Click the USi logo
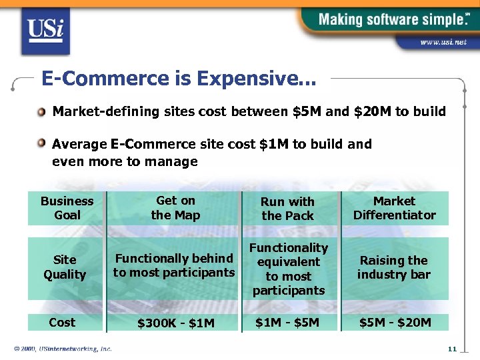click(45, 30)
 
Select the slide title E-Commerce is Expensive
click(179, 79)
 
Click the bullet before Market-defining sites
click(42, 111)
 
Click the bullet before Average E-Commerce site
click(42, 143)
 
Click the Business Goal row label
click(67, 208)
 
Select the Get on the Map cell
click(175, 208)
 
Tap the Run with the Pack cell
click(287, 209)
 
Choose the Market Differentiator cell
click(394, 208)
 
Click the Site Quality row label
click(65, 267)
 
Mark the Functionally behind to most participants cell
click(174, 265)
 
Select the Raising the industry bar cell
click(394, 267)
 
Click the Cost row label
click(62, 323)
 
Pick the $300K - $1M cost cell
click(175, 323)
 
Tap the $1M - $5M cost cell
click(287, 323)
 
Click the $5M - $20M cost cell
click(395, 323)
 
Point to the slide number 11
click(451, 349)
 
